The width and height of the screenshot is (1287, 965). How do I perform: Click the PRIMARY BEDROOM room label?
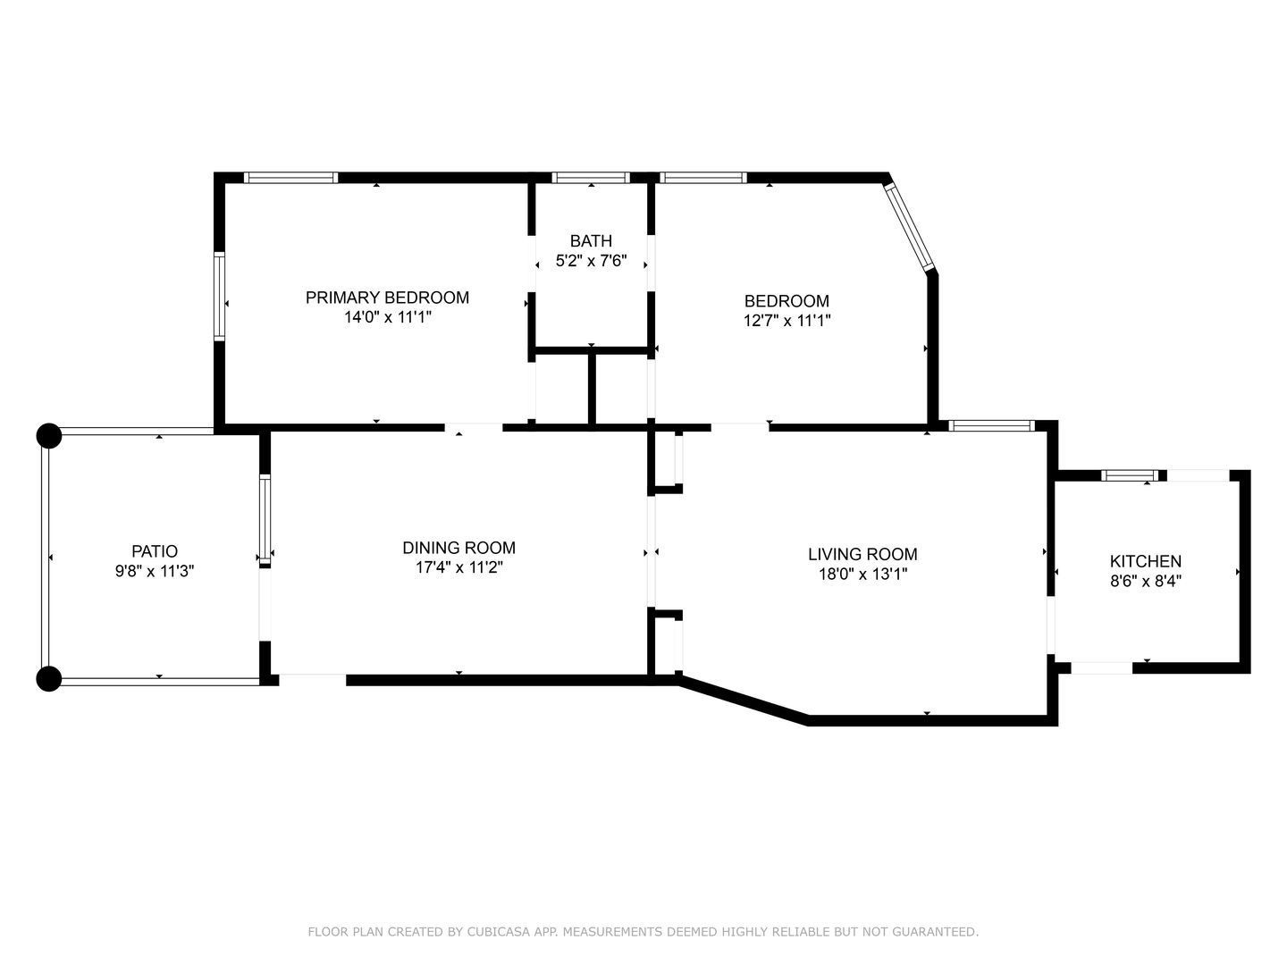(387, 298)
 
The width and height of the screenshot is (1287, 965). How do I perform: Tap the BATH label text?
(591, 241)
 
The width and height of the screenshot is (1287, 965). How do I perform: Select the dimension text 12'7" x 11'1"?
(786, 321)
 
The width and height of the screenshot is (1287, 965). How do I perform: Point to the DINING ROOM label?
(459, 548)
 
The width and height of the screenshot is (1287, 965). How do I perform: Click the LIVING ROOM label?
(862, 554)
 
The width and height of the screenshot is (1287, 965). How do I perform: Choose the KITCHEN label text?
(1145, 561)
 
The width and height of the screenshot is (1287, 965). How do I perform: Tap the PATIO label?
(155, 551)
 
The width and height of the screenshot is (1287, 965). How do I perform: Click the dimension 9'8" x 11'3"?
(155, 571)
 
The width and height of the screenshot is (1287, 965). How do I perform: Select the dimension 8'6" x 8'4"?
(1145, 581)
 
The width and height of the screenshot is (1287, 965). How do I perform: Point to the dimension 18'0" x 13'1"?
(862, 574)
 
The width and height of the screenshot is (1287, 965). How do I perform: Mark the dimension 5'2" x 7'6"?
(591, 261)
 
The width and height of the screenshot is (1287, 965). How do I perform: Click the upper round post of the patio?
(48, 436)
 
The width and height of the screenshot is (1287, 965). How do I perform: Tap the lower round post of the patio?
(48, 679)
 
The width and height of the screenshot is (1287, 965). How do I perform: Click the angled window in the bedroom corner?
(908, 227)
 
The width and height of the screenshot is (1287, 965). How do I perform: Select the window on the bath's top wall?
(591, 178)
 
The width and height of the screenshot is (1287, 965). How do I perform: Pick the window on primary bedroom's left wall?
(219, 297)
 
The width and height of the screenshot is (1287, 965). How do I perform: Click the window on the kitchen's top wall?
(1130, 475)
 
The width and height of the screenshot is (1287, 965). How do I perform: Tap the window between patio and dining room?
(265, 520)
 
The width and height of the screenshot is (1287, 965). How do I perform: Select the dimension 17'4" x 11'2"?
(459, 567)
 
